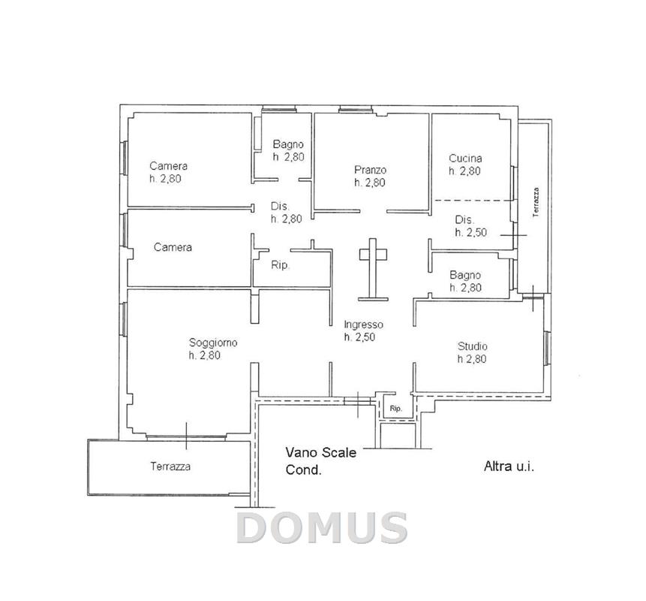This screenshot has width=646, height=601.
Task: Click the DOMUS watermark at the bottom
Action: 322,527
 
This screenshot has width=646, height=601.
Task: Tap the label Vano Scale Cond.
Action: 320,461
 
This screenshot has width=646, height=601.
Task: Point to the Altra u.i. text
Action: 509,467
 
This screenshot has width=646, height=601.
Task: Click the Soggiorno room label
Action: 213,343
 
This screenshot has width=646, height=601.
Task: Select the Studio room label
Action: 473,346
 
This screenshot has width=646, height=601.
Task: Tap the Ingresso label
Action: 363,325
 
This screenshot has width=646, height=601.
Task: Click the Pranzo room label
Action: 371,170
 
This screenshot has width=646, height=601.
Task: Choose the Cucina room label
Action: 465,158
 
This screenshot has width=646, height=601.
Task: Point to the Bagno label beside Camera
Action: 288,144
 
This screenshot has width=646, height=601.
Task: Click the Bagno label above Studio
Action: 465,275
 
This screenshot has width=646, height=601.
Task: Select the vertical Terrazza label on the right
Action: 536,202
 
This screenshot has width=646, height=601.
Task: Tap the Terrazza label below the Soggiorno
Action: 170,467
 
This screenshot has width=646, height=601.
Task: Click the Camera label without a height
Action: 173,247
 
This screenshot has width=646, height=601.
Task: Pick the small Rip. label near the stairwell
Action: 395,409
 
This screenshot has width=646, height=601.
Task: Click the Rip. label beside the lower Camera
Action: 280,265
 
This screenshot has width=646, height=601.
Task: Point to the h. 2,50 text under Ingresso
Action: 359,337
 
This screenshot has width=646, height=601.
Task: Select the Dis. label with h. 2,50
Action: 464,219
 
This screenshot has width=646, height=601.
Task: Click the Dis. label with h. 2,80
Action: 280,207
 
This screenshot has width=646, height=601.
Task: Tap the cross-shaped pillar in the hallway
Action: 373,269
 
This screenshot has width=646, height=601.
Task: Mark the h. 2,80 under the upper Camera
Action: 165,179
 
